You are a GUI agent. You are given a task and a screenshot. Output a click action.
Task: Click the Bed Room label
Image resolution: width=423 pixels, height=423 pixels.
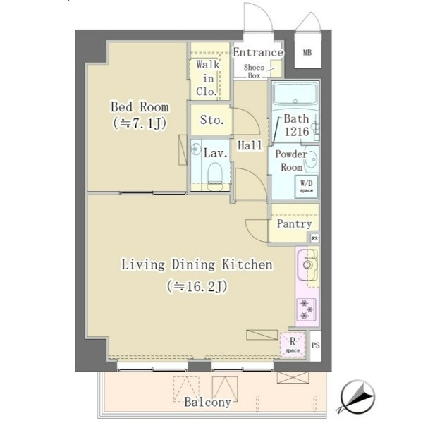tap(140, 107)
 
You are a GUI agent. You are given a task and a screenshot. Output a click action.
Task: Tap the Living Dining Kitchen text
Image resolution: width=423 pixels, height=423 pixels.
tap(197, 264)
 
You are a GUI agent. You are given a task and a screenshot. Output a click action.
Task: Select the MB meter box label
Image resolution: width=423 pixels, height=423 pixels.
tap(307, 52)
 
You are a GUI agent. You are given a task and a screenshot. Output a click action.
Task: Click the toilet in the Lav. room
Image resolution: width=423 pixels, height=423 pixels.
tap(215, 173)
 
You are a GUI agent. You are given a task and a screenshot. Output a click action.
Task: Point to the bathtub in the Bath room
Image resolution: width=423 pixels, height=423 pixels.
tap(295, 94)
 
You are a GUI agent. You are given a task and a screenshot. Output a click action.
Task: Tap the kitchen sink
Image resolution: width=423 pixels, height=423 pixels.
tap(307, 264)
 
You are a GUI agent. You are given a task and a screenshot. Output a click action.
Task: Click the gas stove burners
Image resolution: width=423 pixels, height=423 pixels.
tap(307, 309)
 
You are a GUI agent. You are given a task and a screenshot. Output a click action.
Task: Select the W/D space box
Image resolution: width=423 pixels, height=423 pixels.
tap(307, 187)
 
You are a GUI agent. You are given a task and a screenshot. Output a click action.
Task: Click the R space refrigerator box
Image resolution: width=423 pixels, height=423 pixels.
tap(293, 345)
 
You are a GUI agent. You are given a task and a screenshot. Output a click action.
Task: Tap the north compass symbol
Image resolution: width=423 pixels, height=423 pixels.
tap(357, 396)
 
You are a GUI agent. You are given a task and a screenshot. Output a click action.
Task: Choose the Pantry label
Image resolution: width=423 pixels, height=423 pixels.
tap(294, 223)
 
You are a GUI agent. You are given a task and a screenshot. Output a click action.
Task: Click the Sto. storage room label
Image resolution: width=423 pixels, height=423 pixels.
tap(211, 120)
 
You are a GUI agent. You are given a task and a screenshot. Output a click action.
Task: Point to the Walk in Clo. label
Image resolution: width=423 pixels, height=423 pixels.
tap(208, 78)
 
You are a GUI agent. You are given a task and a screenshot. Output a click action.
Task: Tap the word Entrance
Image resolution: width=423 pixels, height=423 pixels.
tap(258, 52)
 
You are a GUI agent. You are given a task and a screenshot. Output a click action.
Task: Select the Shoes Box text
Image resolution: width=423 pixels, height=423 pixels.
tap(254, 71)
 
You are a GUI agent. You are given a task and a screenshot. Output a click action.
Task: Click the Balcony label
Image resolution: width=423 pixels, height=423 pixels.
tap(208, 403)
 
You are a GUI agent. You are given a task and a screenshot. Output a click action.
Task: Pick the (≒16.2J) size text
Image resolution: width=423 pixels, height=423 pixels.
tap(197, 286)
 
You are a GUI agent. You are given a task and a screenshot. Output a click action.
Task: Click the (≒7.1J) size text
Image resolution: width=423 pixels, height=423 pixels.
tap(140, 123)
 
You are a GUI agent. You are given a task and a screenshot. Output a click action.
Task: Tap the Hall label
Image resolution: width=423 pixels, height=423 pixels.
tap(250, 145)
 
